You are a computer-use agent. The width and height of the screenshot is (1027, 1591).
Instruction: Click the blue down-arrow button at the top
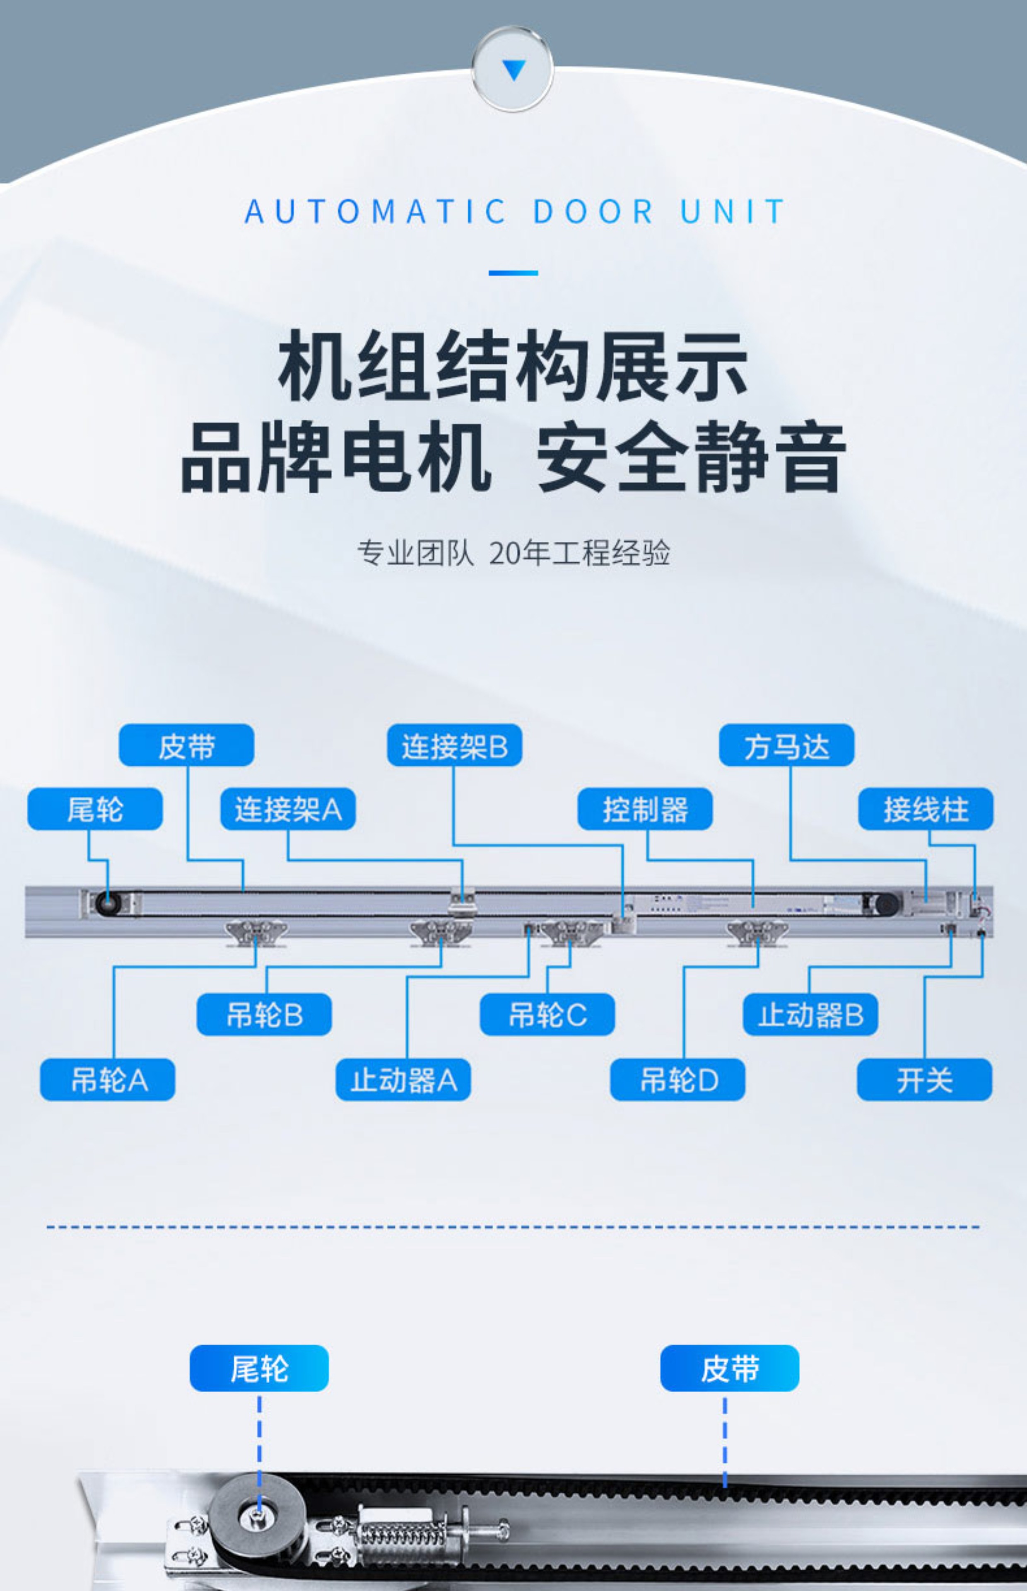click(512, 69)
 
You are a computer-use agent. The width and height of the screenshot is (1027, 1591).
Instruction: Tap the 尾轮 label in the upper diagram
click(95, 809)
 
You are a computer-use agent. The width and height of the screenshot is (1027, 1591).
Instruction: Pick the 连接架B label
click(455, 745)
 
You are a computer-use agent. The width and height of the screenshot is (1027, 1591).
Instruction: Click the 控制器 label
click(645, 809)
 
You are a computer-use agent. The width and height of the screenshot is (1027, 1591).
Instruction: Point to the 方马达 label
click(786, 745)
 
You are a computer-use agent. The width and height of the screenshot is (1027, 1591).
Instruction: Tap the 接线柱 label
click(926, 809)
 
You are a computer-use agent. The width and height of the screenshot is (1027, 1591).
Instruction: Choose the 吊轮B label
click(264, 1015)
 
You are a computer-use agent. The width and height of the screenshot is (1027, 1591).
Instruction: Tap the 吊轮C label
click(547, 1015)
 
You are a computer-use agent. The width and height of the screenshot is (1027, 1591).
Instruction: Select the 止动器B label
click(810, 1015)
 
